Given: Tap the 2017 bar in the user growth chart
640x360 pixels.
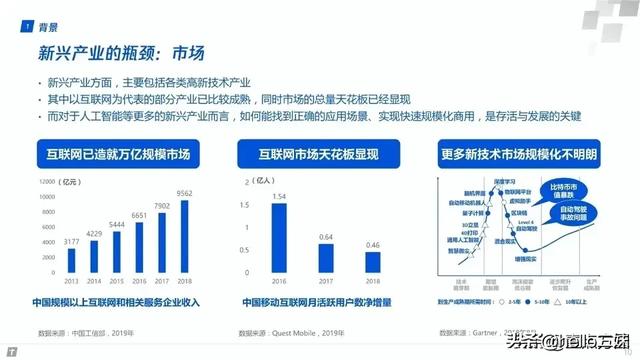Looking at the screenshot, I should [326, 261].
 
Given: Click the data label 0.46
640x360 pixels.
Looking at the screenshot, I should [372, 244].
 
